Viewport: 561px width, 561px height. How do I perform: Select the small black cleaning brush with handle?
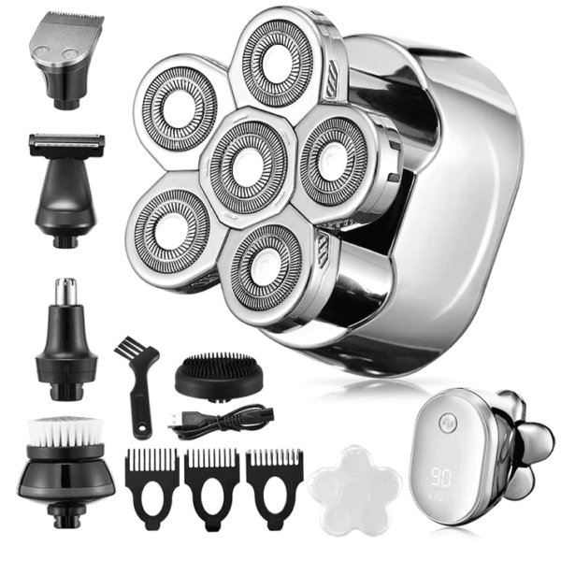coord(134,383)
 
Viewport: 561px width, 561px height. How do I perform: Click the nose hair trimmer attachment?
coord(64,327)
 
